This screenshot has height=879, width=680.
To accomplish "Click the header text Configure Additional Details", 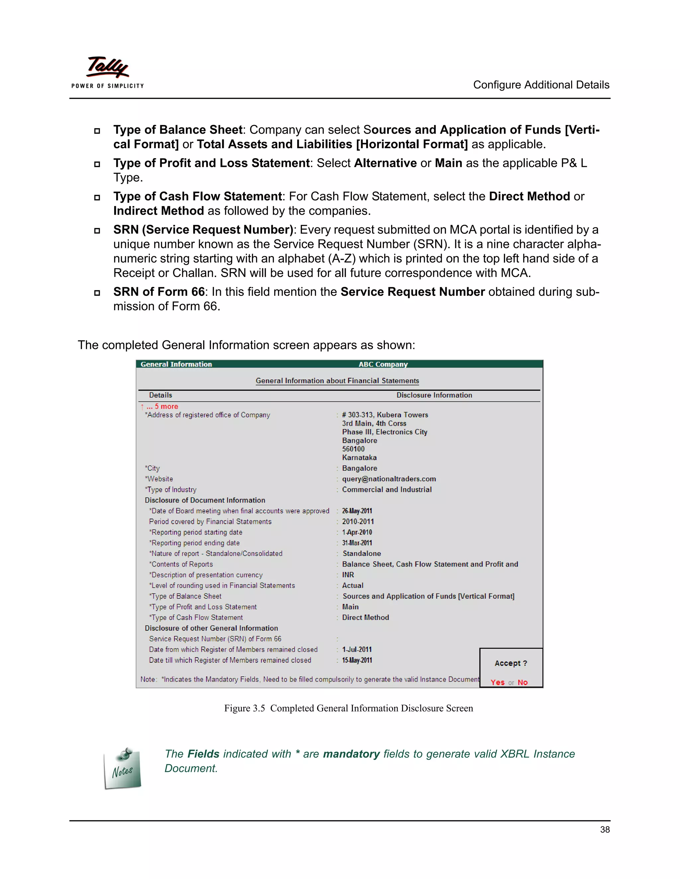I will coord(541,85).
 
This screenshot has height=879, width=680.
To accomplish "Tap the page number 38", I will coord(604,830).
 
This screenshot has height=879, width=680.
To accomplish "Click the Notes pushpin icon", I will coord(123,768).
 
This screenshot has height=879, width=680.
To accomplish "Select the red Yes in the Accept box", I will coord(497,682).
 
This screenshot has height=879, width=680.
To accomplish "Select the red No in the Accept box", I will coord(523,682).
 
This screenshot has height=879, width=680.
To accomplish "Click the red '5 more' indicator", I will coord(166,407).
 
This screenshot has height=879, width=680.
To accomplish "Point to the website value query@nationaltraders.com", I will coord(389,479).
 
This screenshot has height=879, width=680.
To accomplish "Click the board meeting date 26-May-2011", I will coord(357,511).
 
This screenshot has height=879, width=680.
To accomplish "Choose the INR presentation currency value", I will coord(348,575).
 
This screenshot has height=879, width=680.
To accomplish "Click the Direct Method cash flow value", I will coord(365,617).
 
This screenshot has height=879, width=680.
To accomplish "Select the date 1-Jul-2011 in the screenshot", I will coord(357,649).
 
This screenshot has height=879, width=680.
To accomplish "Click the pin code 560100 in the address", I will coord(353,449).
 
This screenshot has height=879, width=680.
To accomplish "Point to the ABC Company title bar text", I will coord(383,364).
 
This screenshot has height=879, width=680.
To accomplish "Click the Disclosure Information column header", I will coord(434,395).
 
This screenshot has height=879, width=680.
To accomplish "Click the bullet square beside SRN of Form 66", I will coord(97,293).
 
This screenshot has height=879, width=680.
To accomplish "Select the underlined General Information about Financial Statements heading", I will coord(337,381).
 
